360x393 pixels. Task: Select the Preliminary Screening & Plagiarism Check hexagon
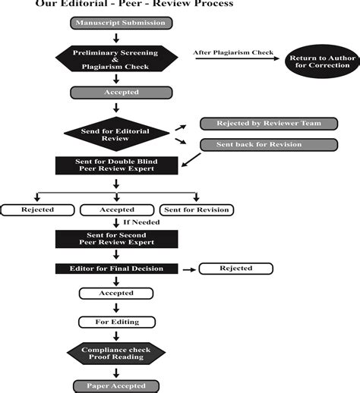point(116,60)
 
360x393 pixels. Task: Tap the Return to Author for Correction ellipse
point(319,60)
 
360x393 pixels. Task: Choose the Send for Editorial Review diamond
point(116,134)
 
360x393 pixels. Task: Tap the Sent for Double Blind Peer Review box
point(116,165)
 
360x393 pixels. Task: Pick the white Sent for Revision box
point(196,209)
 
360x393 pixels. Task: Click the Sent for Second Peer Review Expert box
point(116,239)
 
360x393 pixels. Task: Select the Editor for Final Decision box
point(116,269)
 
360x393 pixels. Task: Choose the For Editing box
point(116,322)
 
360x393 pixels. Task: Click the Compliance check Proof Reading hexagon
point(116,353)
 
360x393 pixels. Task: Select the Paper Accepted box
point(116,385)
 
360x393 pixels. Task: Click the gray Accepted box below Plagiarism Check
point(116,93)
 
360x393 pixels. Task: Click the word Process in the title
point(208,4)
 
